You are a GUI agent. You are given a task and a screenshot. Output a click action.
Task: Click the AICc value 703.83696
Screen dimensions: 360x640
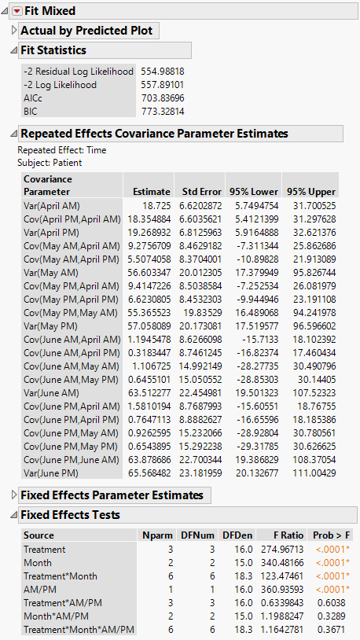click(163, 98)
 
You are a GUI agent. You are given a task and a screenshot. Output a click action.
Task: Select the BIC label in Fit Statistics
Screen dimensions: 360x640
click(31, 112)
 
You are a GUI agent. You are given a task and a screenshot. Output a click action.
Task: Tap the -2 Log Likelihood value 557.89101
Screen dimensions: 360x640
click(163, 84)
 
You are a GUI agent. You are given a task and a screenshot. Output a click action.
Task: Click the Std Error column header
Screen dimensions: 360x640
click(197, 191)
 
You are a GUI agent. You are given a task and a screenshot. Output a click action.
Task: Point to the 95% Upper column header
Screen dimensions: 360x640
click(312, 191)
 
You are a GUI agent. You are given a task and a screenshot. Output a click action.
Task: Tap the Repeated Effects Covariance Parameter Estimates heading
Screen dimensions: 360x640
click(153, 133)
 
